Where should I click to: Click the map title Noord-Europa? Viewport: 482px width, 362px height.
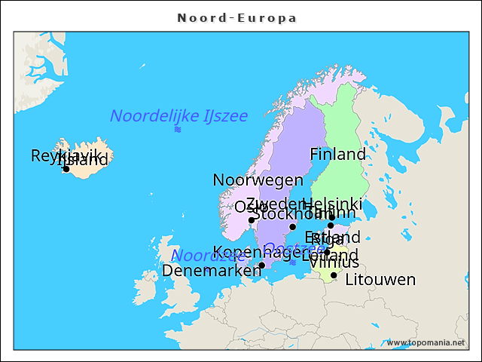[x=236, y=17]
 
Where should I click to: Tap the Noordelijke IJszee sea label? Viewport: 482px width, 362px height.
[x=178, y=115]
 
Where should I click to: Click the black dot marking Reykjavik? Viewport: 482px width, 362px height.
[x=66, y=169]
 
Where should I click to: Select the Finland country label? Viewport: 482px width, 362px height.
[x=337, y=154]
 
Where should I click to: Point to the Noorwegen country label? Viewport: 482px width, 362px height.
[x=258, y=179]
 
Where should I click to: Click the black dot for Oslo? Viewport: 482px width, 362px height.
[x=252, y=220]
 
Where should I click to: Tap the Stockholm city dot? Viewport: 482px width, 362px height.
[x=293, y=226]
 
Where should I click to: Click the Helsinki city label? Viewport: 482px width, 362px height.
[x=332, y=204]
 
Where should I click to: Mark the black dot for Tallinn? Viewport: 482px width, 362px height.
[x=331, y=225]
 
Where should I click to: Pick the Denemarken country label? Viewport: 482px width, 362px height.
[x=212, y=270]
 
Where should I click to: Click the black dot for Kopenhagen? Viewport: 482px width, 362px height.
[x=261, y=265]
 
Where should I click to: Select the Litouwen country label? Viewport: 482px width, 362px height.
[x=380, y=280]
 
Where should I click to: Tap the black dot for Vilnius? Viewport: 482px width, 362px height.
[x=334, y=275]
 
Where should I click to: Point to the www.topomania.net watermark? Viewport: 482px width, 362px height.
[x=426, y=342]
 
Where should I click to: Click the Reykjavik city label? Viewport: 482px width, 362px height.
[x=66, y=155]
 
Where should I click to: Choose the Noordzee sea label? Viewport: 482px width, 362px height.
[x=197, y=255]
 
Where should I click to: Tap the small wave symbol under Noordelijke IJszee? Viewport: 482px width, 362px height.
[x=178, y=130]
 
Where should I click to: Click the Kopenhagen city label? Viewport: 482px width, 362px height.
[x=256, y=252]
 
